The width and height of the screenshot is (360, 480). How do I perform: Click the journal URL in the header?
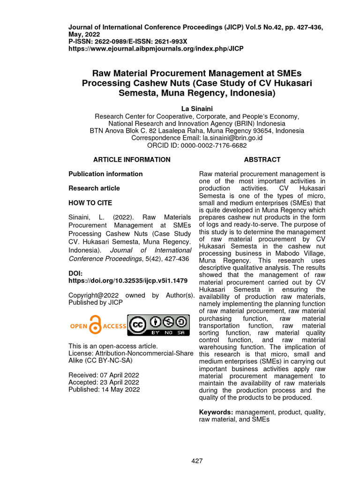[156, 49]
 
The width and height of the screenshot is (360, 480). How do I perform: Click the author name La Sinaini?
[196, 109]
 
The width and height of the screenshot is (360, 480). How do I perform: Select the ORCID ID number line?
[196, 145]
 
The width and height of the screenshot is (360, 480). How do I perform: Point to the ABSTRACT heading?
[262, 159]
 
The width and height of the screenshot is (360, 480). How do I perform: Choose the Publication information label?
[105, 174]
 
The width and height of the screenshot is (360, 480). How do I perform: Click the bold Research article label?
[94, 188]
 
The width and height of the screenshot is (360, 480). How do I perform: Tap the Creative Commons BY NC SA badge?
[159, 325]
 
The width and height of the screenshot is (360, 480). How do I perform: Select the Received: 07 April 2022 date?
[104, 375]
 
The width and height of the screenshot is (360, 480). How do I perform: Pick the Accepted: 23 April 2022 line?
[104, 382]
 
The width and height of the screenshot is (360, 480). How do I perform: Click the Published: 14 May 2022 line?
[104, 390]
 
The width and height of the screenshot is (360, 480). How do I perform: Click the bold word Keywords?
[216, 412]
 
